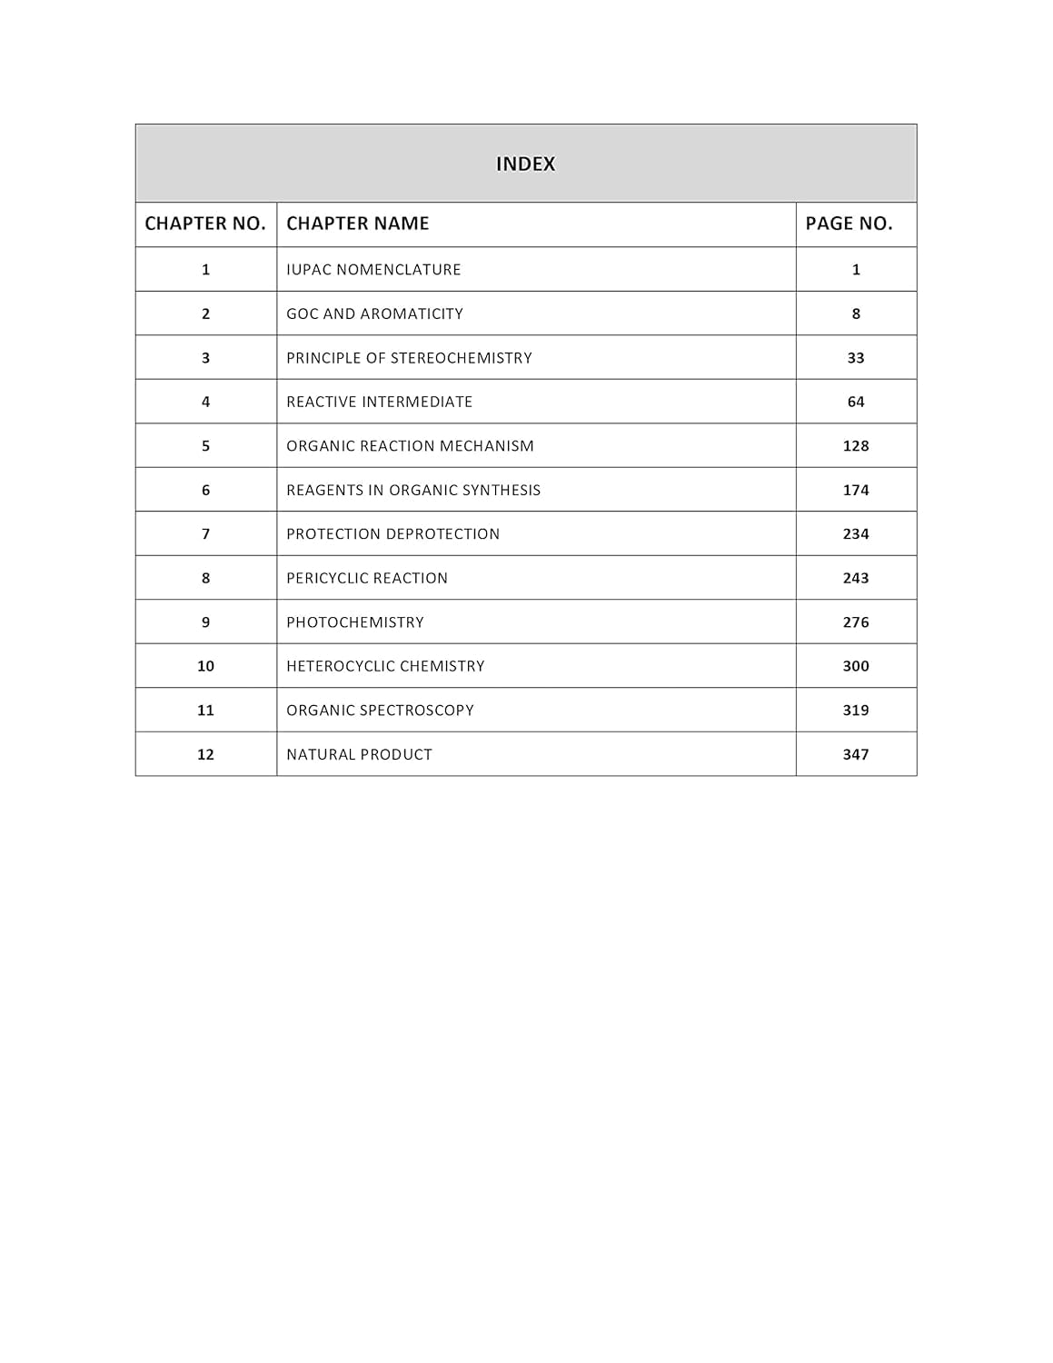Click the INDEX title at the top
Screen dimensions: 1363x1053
pos(525,164)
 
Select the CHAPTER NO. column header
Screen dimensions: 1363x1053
pos(205,224)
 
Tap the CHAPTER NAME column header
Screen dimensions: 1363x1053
pos(357,224)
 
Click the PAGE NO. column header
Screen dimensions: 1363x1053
pos(849,224)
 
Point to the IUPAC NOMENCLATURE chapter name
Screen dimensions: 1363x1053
pos(373,270)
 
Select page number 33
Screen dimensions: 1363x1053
pos(856,358)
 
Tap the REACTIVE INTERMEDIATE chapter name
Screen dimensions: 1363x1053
pos(379,402)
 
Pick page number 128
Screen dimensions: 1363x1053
pos(856,446)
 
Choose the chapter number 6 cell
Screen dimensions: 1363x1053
pos(205,490)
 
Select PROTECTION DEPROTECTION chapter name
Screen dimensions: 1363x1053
pos(392,534)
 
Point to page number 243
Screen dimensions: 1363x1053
pos(856,578)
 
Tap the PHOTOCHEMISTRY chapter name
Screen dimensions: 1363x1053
pos(354,622)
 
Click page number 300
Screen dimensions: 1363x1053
pos(856,666)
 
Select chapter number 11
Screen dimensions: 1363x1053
pos(205,711)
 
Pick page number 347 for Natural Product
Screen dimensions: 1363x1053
pos(856,754)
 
